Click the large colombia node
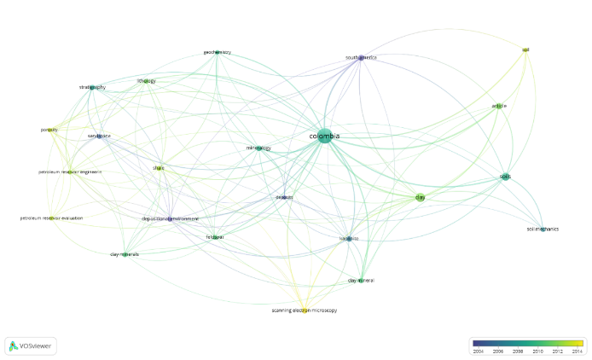(x=324, y=136)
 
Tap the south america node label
(x=360, y=57)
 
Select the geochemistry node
(x=217, y=52)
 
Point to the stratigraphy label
(x=92, y=87)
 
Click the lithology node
(x=147, y=81)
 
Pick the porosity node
(x=49, y=130)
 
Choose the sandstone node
(x=99, y=136)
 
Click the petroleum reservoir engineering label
(x=70, y=171)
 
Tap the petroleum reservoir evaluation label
(x=52, y=218)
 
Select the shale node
(x=159, y=168)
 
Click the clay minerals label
(x=125, y=254)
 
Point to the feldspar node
(x=215, y=236)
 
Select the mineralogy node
(x=258, y=148)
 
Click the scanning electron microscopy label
(x=305, y=310)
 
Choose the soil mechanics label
(x=542, y=229)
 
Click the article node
(x=499, y=106)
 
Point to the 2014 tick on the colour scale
(x=577, y=351)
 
